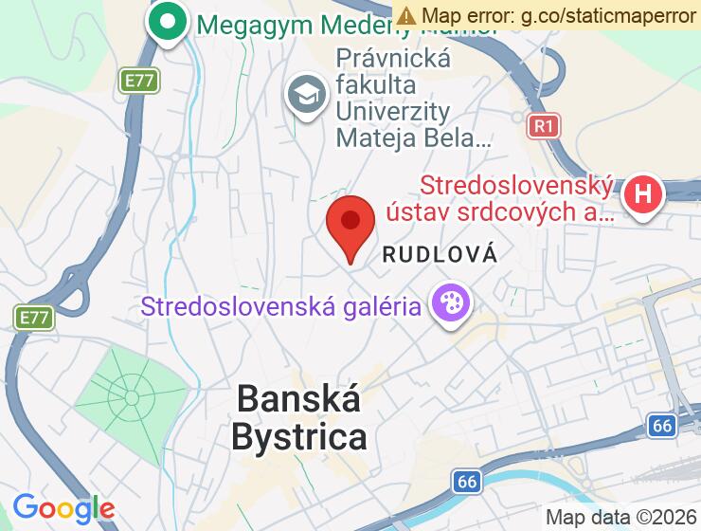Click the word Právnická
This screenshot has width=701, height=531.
[393, 59]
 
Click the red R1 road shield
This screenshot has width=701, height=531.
[543, 124]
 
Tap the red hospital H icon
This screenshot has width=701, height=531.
[643, 195]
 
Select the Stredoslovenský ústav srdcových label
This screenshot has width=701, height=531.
[516, 198]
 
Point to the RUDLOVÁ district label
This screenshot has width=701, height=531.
[440, 254]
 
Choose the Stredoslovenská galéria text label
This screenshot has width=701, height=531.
[281, 306]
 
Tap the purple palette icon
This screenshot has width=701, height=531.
[450, 303]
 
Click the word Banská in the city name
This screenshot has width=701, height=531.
[298, 398]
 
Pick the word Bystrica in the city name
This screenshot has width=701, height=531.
[298, 437]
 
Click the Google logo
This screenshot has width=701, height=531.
[63, 508]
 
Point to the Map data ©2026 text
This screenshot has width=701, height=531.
[620, 517]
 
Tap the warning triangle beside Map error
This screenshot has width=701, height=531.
[406, 15]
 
